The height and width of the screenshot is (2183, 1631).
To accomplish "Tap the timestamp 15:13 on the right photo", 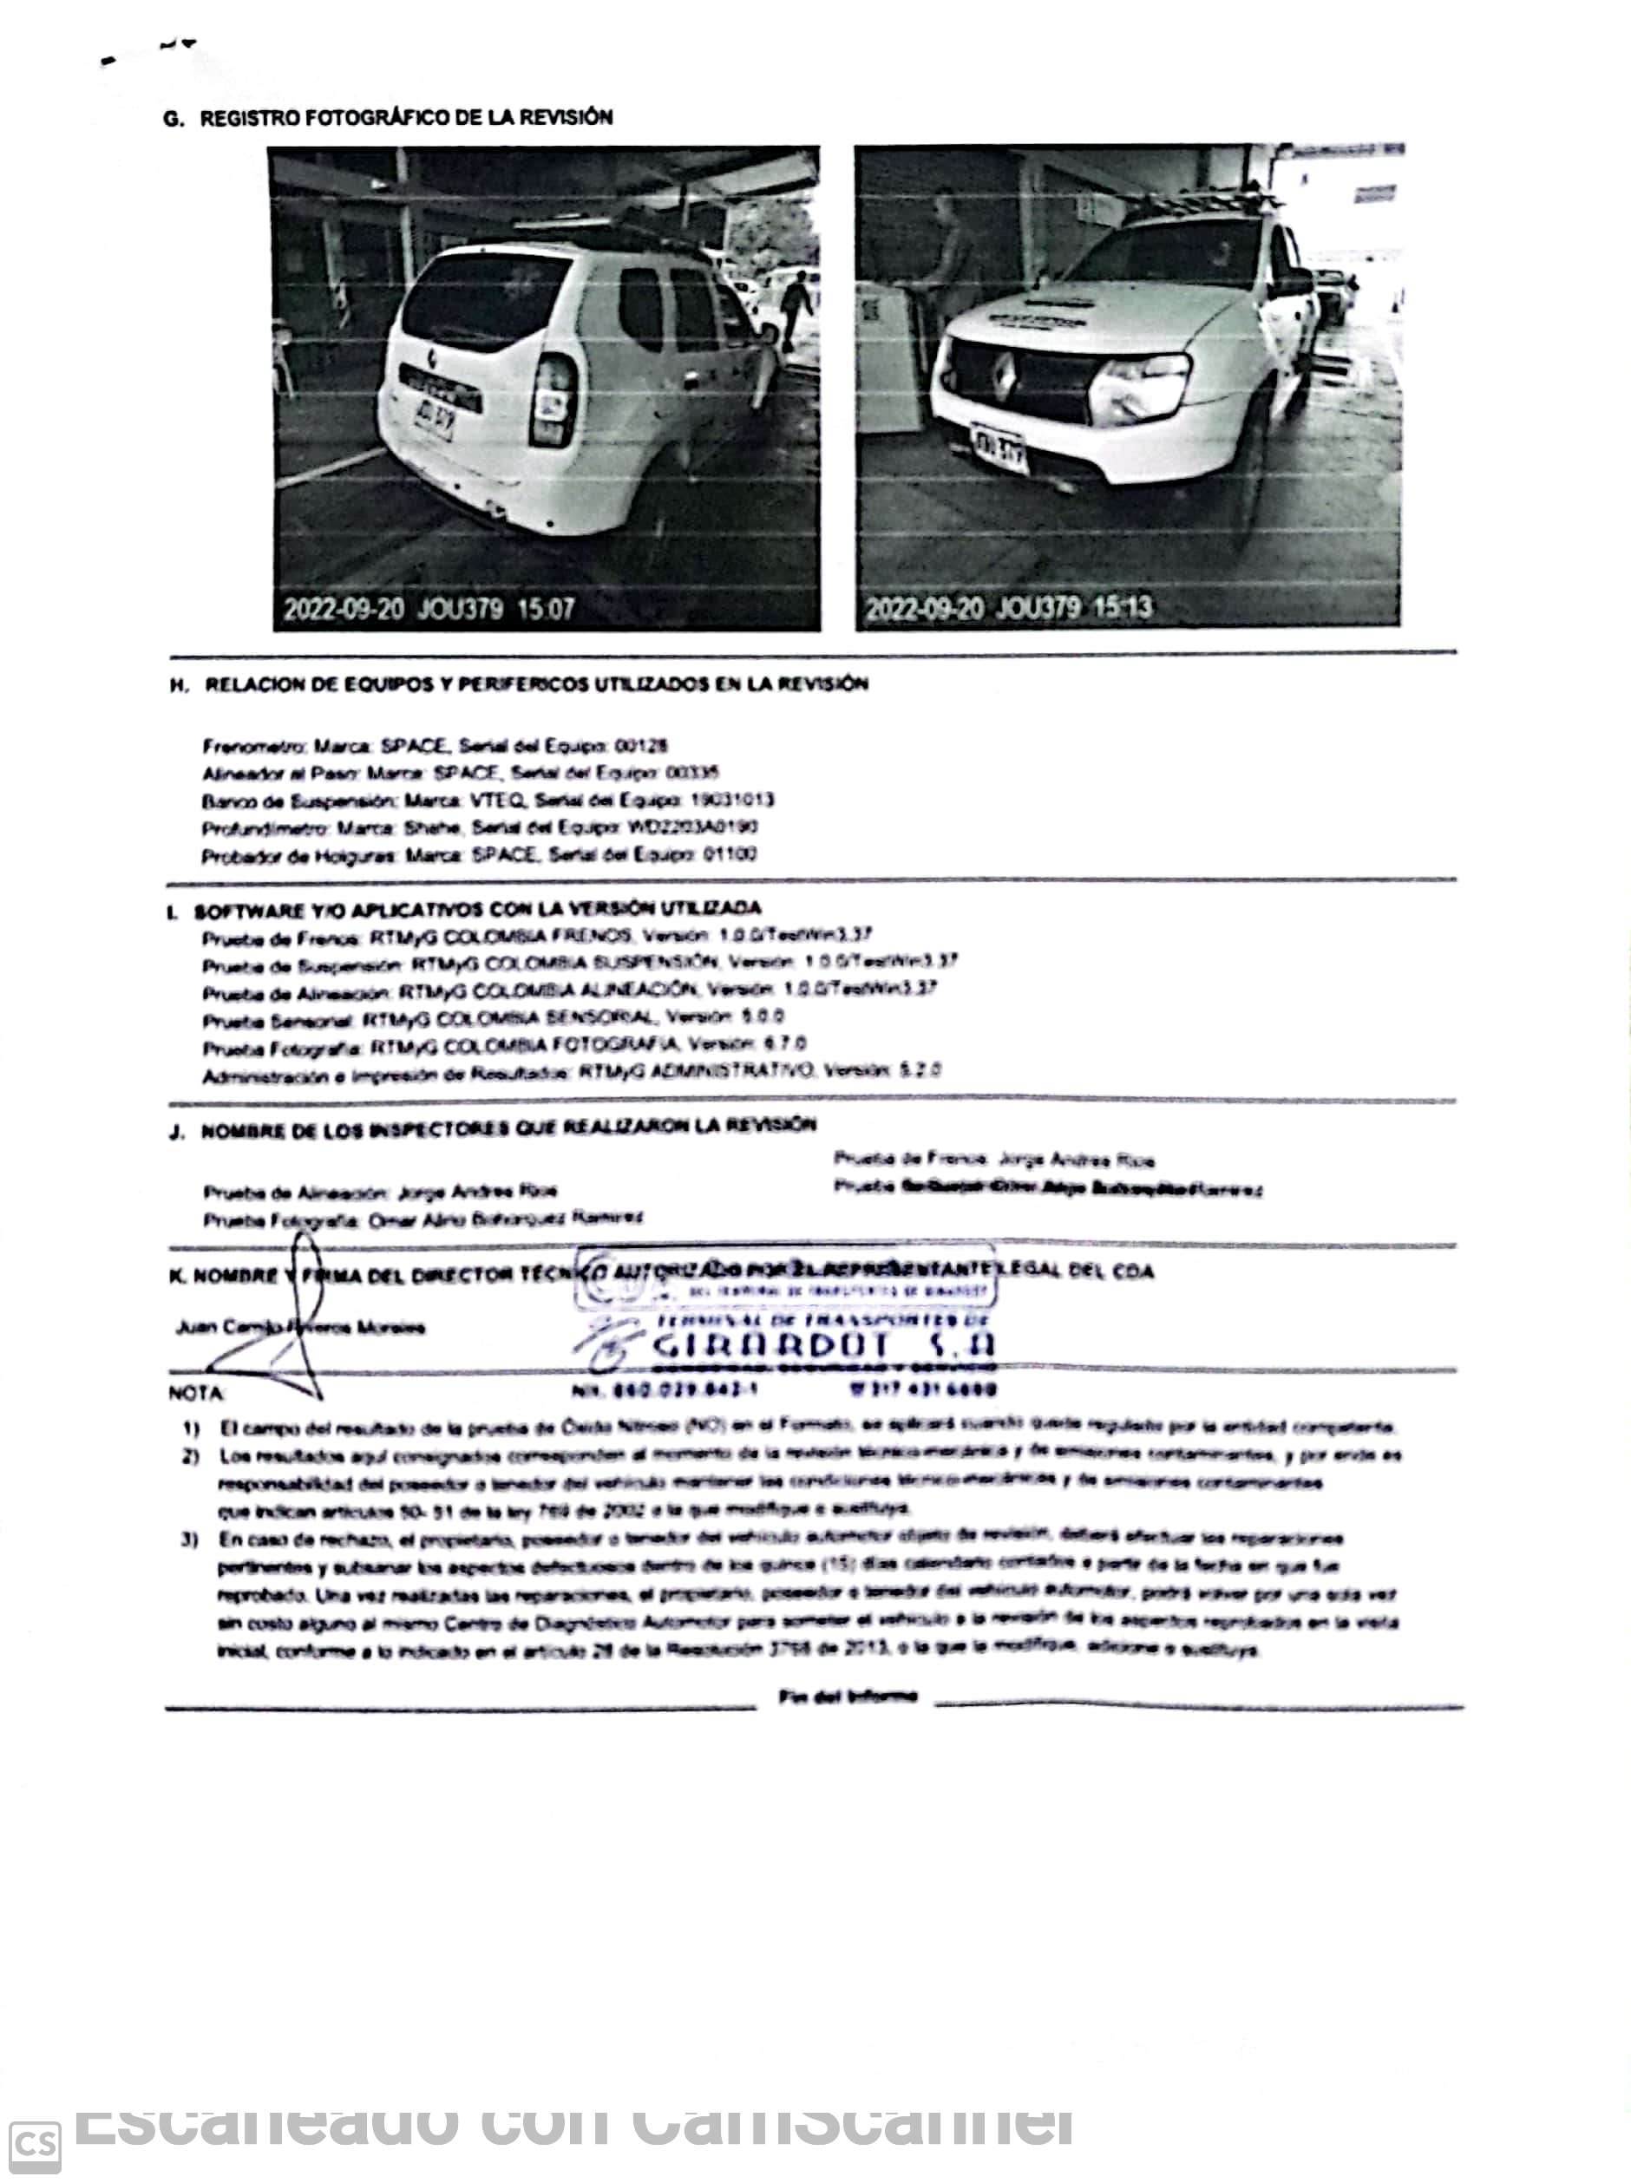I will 1122,606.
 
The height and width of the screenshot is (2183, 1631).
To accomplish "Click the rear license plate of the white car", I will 432,422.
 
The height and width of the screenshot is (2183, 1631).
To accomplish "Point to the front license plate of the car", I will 999,450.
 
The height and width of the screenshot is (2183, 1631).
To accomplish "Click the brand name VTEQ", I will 488,801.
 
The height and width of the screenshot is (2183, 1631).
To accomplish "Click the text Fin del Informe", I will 847,1696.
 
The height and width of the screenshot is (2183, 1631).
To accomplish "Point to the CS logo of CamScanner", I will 36,2145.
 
